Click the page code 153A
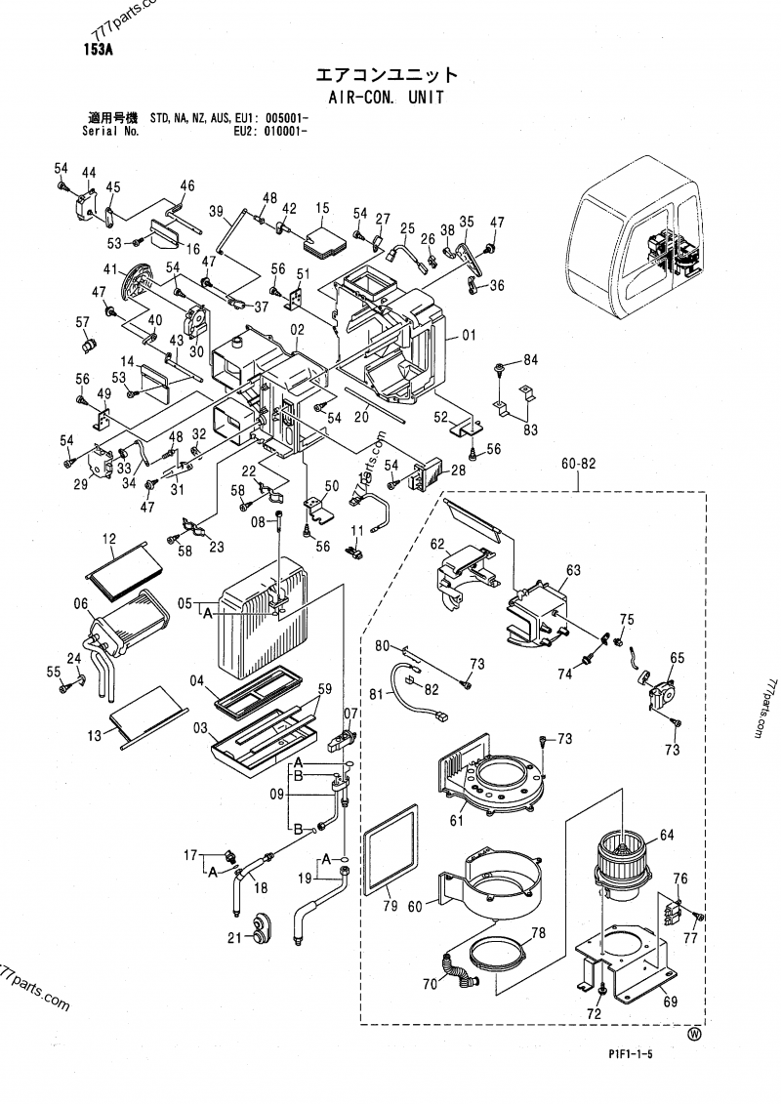pos(98,54)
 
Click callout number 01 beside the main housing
pos(468,337)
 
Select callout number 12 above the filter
pos(109,538)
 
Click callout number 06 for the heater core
pos(81,604)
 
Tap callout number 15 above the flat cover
pos(320,209)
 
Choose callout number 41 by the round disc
pos(109,269)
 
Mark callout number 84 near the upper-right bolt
pos(530,360)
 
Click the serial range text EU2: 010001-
pos(272,130)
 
